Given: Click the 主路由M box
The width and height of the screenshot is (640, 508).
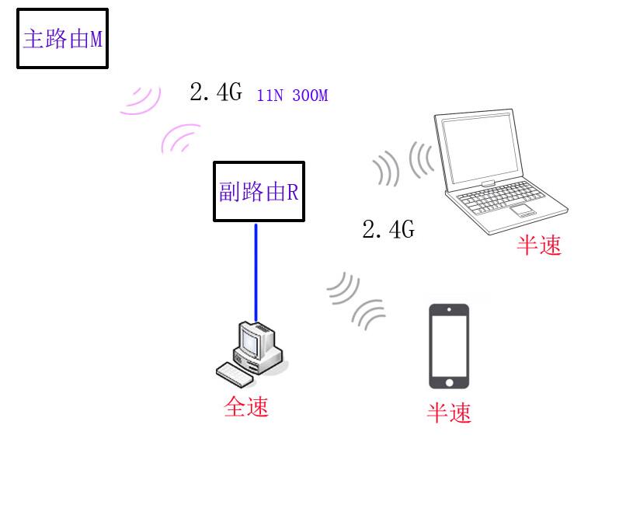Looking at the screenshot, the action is coord(62,38).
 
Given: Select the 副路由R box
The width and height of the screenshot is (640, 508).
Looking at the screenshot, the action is coord(259,191).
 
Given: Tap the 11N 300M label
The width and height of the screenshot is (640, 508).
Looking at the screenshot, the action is coord(292,96).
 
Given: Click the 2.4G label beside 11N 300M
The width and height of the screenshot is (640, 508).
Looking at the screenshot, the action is coord(216,92).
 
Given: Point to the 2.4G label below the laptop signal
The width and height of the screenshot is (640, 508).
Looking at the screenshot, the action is coord(388,229).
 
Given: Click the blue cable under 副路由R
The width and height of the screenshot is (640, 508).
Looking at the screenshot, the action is coord(256,273).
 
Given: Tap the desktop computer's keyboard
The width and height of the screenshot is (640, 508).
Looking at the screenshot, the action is coord(235,374).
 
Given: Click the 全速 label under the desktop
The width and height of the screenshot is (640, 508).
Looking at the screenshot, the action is coord(246,407).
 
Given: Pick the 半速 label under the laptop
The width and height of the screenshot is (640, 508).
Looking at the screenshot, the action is coord(539,245).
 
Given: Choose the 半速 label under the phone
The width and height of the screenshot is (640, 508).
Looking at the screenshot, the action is coord(449,412).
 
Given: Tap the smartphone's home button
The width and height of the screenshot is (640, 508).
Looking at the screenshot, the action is coord(450,383).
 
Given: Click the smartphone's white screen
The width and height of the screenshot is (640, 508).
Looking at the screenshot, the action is coord(449,346).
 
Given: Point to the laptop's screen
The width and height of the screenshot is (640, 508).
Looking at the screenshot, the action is coord(482,150).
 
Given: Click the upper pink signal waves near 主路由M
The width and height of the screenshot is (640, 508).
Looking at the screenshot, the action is coord(143,100).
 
